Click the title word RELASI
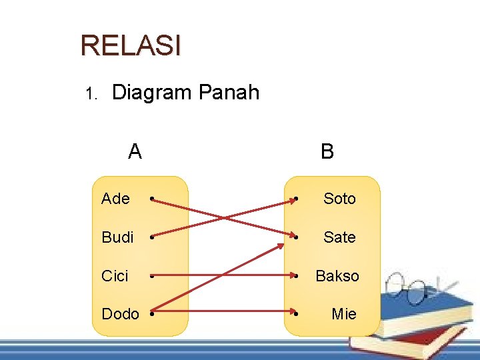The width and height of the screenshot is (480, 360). pos(130,45)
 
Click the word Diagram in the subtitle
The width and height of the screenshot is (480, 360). pos(151,93)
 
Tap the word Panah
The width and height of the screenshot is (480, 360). pos(229,93)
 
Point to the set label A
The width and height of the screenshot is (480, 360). pos(135,152)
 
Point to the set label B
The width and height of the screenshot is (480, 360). pos(327,152)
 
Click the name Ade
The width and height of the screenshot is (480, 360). pos(115,199)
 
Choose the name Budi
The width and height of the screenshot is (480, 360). pos(117,237)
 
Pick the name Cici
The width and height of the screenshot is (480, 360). pos(115,276)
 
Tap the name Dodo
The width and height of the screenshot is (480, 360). pos(120,314)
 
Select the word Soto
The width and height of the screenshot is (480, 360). pos(339,199)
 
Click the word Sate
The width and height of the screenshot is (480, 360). pos(339,237)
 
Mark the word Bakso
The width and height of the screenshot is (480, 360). pos(337,276)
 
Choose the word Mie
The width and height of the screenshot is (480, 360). pos(344,314)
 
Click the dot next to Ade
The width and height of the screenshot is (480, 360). pos(153,199)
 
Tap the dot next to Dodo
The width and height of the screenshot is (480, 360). pos(153,314)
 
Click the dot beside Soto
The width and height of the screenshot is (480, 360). pos(296,199)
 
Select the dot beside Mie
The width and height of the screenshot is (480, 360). pos(296,314)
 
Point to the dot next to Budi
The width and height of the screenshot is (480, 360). pos(153,237)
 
